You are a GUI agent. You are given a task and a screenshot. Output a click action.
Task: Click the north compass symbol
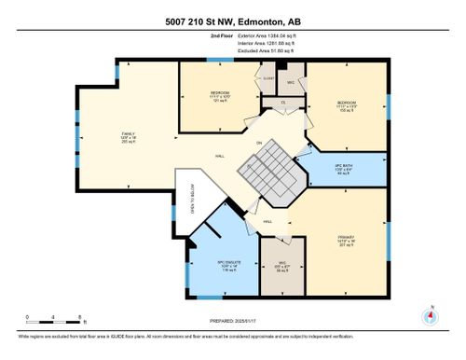click(430, 313)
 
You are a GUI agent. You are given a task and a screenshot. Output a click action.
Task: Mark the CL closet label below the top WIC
click(284, 103)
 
